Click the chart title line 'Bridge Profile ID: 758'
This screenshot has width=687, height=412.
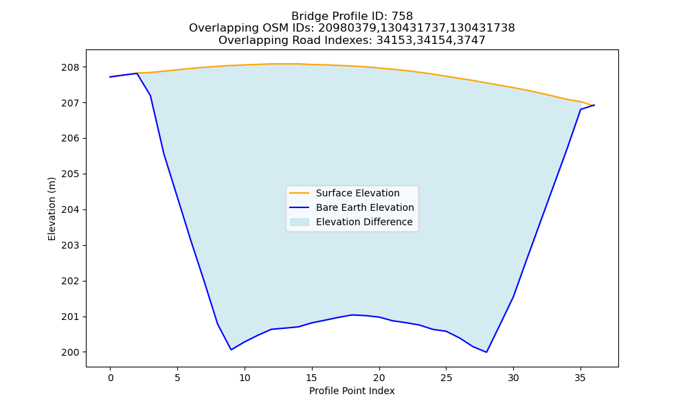coord(352,16)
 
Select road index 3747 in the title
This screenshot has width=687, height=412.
coord(471,41)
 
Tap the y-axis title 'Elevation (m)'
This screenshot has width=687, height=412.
coord(52,209)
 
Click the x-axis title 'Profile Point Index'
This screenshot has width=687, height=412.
coord(352,391)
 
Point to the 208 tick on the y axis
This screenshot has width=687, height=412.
coord(70,67)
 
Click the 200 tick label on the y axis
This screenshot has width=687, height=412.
coord(70,352)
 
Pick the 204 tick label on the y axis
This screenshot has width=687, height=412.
coord(70,209)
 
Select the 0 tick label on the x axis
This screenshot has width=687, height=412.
coord(111,378)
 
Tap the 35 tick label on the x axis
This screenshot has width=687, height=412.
coord(580,378)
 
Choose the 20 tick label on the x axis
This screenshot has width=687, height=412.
coord(379,378)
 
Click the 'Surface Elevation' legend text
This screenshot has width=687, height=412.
coord(357,193)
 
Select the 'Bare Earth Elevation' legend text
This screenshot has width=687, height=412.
coord(365,207)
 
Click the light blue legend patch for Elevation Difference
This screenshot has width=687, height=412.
coord(300,222)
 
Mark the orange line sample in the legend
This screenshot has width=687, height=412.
coord(300,193)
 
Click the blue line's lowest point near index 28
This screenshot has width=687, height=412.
coord(486,352)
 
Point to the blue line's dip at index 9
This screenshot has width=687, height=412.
coord(231,350)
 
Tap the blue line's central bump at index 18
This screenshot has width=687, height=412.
coord(352,314)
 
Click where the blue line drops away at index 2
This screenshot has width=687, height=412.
coord(137,73)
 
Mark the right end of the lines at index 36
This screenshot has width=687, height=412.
coord(594,105)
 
